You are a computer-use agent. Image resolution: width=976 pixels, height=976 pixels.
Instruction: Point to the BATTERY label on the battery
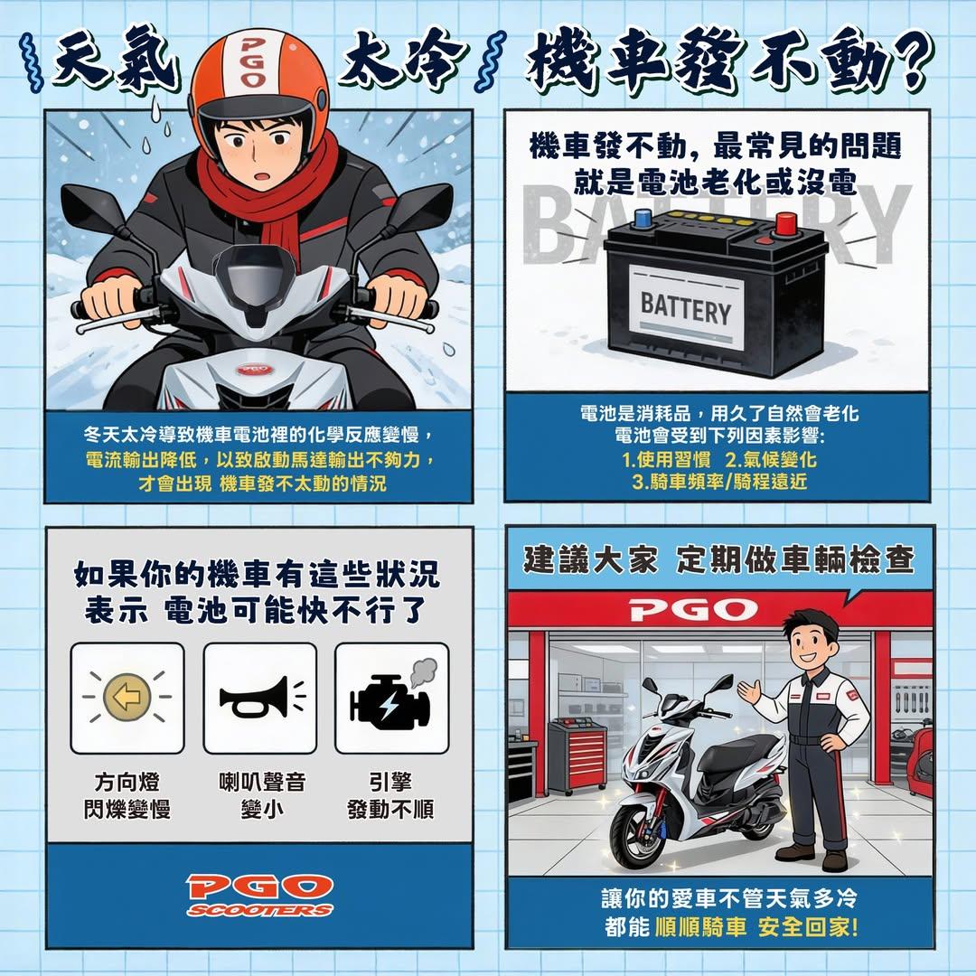click(x=685, y=309)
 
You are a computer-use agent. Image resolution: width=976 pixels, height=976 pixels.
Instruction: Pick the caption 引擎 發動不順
click(x=390, y=794)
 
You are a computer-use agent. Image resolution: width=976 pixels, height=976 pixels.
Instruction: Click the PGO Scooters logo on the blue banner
click(x=259, y=894)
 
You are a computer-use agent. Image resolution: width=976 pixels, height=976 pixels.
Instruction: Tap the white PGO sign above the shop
click(x=694, y=609)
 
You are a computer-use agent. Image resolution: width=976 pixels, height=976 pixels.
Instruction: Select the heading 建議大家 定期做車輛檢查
click(x=719, y=559)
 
